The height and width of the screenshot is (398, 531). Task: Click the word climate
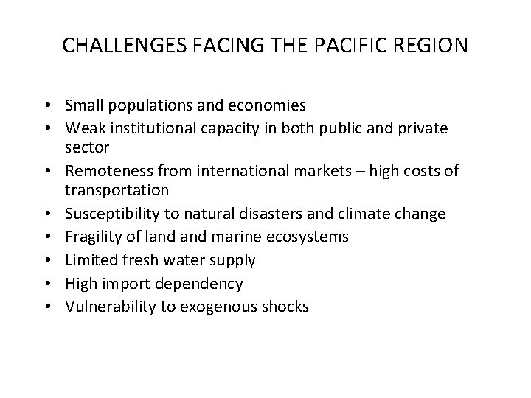pos(398,214)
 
